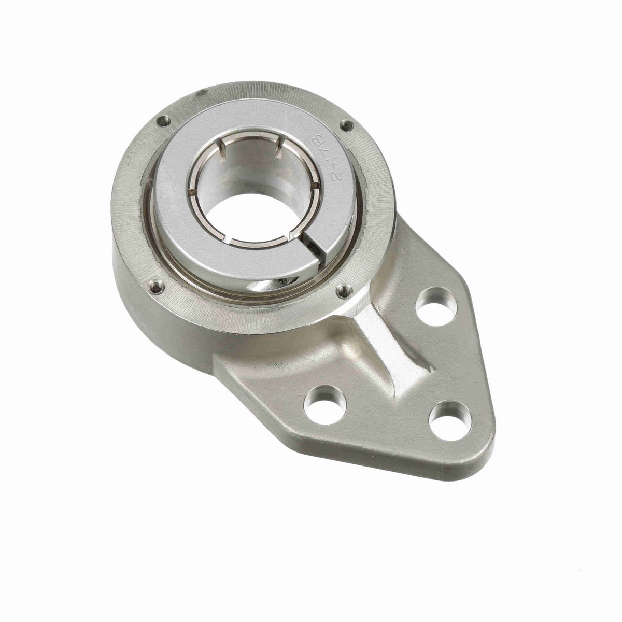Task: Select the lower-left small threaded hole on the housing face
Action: pos(157,285)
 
